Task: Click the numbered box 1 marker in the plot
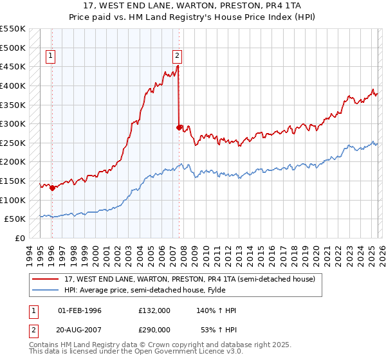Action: (x=51, y=56)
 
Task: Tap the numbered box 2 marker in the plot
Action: (x=178, y=56)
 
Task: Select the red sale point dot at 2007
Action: (x=179, y=127)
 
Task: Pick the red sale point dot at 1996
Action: (x=52, y=188)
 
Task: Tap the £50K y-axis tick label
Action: (x=15, y=219)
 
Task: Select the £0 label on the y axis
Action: (x=21, y=239)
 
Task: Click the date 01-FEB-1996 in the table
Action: (x=80, y=310)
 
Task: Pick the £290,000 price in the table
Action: (x=154, y=330)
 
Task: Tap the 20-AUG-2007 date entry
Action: (x=80, y=330)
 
